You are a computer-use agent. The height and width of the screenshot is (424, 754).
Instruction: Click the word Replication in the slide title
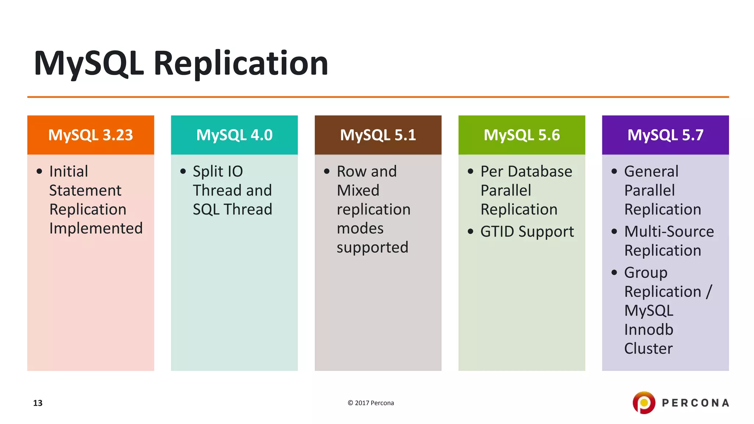click(x=240, y=63)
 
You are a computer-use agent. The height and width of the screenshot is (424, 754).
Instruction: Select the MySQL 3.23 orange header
click(x=91, y=135)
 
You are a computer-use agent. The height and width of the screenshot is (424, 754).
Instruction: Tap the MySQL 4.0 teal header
click(x=234, y=135)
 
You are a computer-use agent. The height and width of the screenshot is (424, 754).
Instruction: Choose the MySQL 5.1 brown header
click(x=378, y=135)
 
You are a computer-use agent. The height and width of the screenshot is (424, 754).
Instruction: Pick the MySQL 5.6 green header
click(x=521, y=135)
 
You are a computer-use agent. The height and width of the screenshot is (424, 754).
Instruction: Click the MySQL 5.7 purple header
click(x=665, y=135)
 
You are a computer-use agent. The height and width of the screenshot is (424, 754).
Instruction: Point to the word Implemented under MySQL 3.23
click(x=96, y=229)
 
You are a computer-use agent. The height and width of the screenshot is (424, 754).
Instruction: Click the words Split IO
click(x=218, y=172)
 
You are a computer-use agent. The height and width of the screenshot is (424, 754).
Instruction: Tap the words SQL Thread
click(x=232, y=209)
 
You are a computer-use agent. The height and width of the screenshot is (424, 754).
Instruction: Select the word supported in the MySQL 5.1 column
click(x=372, y=247)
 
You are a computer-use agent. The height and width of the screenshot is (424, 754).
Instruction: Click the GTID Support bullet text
click(x=527, y=232)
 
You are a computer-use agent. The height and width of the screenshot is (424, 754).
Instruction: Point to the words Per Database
click(x=526, y=172)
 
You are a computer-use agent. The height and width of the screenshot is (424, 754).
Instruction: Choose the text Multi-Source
click(x=669, y=232)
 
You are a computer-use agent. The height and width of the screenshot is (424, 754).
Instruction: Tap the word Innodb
click(x=648, y=329)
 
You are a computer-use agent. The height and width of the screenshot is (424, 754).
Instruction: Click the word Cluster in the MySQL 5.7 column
click(x=648, y=349)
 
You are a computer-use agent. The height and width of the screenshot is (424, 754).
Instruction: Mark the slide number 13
click(x=38, y=403)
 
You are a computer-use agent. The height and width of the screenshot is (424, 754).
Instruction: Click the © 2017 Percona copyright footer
click(x=371, y=403)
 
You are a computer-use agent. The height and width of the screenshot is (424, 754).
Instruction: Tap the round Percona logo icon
click(x=644, y=403)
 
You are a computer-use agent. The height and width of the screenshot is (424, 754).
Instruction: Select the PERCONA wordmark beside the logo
click(x=695, y=403)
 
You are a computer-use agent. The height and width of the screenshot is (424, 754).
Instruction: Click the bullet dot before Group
click(x=614, y=272)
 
